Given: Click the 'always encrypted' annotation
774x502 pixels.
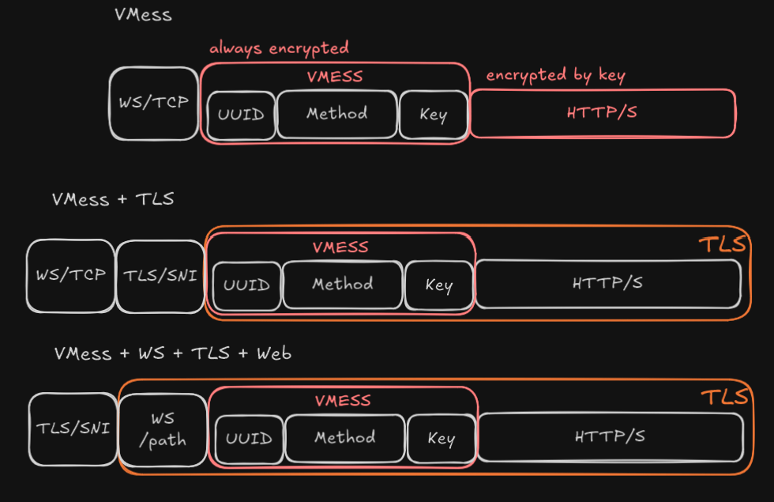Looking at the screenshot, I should tap(279, 48).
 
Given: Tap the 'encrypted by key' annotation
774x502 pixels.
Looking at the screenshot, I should tap(555, 76).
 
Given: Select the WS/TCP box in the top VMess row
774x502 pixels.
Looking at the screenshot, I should tap(153, 104).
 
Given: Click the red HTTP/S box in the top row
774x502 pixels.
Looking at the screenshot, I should tap(602, 113).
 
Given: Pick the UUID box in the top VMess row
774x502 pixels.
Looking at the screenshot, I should tap(242, 115).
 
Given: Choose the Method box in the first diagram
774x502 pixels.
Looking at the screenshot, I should tap(336, 114).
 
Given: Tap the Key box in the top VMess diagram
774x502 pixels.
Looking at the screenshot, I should tap(433, 115).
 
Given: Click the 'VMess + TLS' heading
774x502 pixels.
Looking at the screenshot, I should tap(113, 199).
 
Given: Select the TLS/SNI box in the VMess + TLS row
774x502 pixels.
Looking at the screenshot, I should tap(160, 276).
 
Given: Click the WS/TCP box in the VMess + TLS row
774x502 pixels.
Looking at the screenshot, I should tap(70, 276).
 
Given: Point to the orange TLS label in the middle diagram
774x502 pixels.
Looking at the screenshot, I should tap(722, 245).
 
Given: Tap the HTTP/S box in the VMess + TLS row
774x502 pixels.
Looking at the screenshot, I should tap(607, 283).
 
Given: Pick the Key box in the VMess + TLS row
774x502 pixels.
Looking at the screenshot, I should tap(438, 285).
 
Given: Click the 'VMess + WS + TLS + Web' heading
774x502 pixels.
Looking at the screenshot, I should tap(173, 353).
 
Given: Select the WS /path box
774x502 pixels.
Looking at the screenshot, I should tap(163, 429).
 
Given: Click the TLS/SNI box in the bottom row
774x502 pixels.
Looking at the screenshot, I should tap(73, 428).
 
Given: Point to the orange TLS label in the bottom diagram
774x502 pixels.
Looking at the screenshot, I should tap(723, 397).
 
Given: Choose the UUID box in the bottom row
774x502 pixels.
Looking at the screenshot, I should tap(249, 439).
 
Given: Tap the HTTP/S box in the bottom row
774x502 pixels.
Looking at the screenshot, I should tap(610, 436).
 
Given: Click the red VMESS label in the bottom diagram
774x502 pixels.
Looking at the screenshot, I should tap(343, 401).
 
